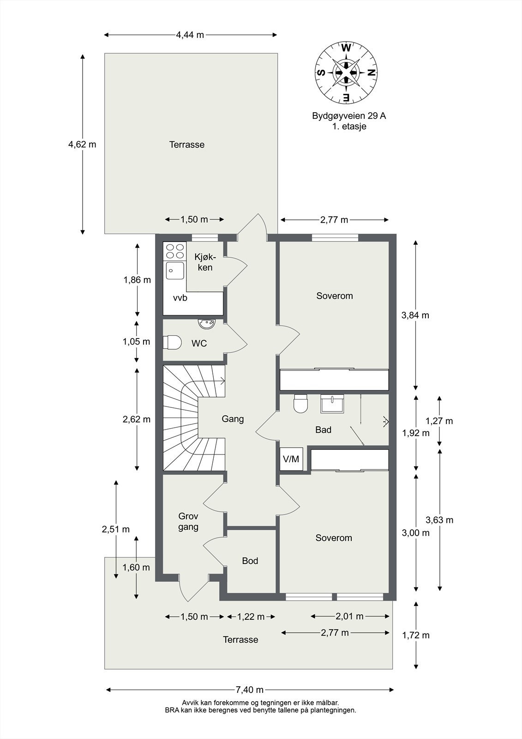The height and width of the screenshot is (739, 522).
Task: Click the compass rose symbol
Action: tap(346, 72)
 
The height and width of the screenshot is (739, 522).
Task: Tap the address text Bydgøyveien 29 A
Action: tap(349, 116)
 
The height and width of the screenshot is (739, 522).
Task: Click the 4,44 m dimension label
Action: tap(190, 35)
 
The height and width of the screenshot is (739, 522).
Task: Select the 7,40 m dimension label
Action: tap(249, 690)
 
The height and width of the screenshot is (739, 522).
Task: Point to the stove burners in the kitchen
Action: tap(174, 251)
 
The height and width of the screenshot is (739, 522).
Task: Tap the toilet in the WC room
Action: tap(172, 343)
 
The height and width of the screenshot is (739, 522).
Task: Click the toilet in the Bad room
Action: tap(300, 403)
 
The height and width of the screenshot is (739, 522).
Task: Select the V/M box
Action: tap(291, 459)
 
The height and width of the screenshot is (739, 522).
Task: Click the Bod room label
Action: tap(250, 561)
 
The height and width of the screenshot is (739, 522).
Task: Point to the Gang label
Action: tap(233, 419)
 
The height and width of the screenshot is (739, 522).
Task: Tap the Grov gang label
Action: tap(188, 521)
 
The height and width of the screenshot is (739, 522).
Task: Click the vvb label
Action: tap(180, 298)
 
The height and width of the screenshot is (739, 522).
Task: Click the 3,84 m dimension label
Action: tap(415, 315)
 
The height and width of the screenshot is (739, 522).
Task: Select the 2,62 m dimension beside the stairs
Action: tap(136, 419)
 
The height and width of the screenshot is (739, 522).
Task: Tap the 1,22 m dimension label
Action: tap(251, 617)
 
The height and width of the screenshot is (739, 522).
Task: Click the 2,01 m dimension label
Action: tap(349, 616)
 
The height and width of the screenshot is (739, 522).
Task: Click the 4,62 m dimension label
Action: tap(82, 144)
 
